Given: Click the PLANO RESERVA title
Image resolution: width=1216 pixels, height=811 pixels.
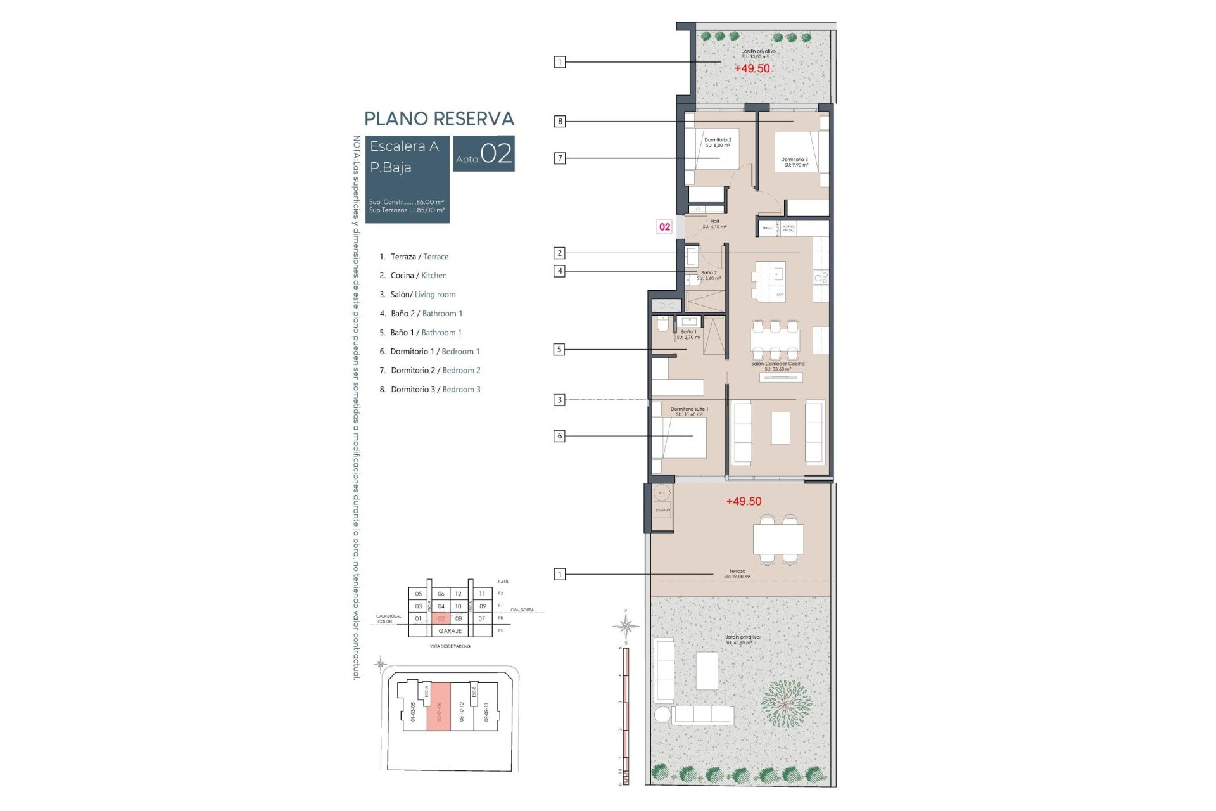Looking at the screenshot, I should (439, 119).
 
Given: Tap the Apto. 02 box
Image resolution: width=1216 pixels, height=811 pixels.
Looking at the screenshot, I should (483, 154).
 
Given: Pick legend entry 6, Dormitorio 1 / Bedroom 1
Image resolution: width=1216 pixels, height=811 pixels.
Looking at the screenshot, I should (429, 352).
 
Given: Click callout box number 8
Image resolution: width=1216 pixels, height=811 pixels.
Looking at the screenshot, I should (560, 121).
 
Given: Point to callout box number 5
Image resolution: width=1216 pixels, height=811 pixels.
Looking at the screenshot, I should (559, 349).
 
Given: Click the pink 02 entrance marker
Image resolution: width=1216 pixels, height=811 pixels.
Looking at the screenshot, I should (664, 227).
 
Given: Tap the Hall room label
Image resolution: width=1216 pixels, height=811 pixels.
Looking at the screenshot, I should (714, 224).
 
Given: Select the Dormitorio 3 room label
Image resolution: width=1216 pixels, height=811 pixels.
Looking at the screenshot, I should (795, 162).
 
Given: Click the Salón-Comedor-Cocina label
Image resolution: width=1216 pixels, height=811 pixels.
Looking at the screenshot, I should (778, 366).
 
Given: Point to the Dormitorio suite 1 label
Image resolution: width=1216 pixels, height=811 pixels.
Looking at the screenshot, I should (689, 412).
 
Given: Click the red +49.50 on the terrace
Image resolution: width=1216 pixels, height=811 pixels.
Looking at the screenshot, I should (744, 501).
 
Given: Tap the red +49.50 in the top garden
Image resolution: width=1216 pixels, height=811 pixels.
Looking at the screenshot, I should (752, 68).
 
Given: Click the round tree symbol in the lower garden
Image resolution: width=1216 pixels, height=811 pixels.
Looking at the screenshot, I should (785, 704).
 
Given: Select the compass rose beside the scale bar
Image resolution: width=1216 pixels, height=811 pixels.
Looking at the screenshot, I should (626, 627).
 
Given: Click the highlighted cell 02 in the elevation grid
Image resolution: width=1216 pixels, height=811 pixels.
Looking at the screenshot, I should (441, 618).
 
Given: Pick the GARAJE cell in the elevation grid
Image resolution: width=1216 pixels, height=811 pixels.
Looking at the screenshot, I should (450, 631).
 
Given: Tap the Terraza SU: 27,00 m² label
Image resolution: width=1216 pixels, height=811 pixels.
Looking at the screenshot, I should (737, 574).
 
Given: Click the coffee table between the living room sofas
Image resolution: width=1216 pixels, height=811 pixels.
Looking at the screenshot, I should (780, 428).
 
